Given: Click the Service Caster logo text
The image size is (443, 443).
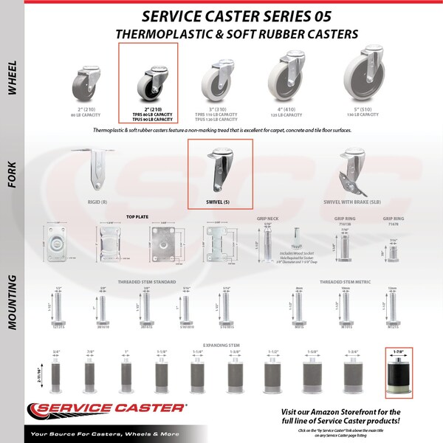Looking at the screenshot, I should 107,410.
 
